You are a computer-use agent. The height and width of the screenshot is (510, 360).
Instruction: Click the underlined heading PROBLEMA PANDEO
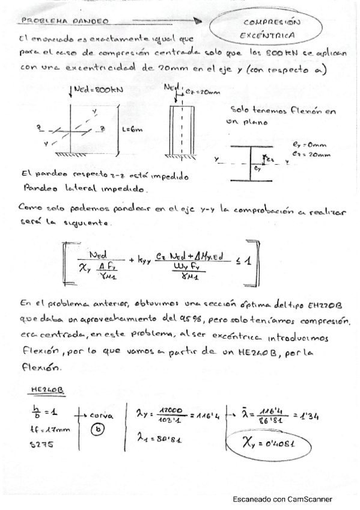pos(65,20)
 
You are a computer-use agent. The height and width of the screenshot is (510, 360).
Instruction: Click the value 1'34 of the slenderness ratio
pos(314,414)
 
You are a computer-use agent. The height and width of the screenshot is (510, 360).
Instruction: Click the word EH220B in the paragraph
pos(324,306)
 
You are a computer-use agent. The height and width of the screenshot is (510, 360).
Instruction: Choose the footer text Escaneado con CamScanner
pos(282,499)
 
